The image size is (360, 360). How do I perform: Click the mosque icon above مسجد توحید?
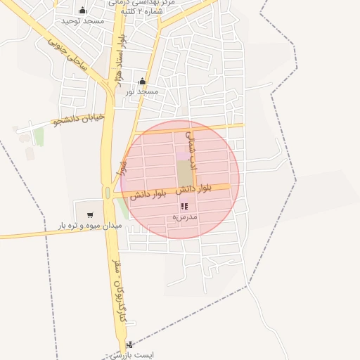coord(83,10)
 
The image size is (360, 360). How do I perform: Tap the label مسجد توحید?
coord(82,21)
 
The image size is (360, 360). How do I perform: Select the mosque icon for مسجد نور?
coord(142,81)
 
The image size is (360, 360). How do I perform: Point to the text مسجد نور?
coord(142,91)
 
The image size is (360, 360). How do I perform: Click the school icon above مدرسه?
coord(184,207)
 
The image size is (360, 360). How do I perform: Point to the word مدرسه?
coord(185,218)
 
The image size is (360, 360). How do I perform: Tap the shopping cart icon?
coord(89,214)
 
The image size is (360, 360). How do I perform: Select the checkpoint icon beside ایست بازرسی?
coord(129,345)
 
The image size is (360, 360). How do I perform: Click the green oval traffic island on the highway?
coord(108,193)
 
